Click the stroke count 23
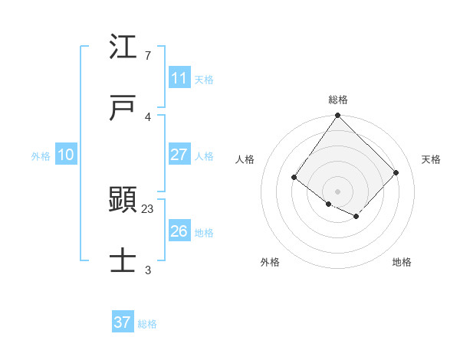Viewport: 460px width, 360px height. [148, 208]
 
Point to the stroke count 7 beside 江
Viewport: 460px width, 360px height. [148, 56]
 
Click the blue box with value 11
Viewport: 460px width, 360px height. [179, 78]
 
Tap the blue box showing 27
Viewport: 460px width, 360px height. [179, 155]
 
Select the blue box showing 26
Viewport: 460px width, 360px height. [179, 231]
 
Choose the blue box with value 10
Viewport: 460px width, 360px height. [66, 155]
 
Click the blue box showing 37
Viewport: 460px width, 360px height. [123, 322]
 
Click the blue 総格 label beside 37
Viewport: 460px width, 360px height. [147, 324]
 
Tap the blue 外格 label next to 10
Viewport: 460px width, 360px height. [41, 156]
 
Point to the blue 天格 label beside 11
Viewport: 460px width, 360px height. [204, 80]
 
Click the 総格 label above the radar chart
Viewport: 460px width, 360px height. [338, 100]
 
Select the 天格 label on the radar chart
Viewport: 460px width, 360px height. [431, 159]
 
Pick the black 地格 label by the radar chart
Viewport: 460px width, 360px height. [402, 262]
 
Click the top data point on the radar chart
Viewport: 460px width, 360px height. [338, 116]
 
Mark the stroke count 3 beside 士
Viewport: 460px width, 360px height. [148, 270]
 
